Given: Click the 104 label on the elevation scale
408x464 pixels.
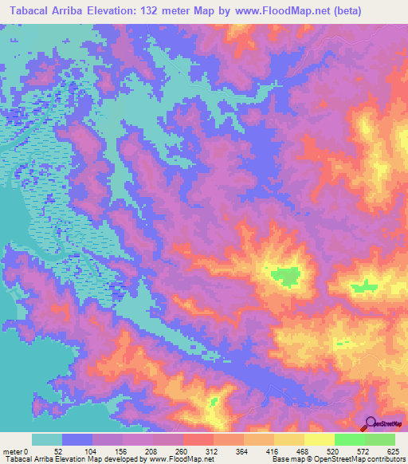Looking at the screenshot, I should (x=93, y=450).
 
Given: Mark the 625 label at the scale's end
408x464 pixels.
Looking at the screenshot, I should (x=390, y=450).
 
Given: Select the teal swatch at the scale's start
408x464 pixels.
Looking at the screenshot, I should (x=47, y=439).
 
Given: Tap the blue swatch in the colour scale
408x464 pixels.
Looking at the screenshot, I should (x=77, y=439).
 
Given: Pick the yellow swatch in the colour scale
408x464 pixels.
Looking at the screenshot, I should (x=319, y=439).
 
